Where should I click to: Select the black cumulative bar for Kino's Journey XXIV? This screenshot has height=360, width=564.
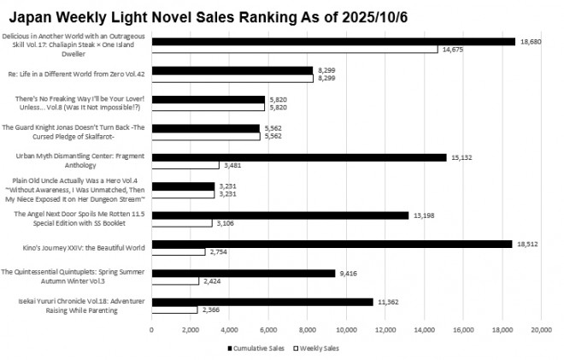[x=332, y=244]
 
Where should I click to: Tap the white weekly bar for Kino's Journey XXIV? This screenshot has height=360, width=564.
[x=178, y=252]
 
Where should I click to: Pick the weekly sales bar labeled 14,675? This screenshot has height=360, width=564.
[x=294, y=50]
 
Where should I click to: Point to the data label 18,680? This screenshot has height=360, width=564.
[x=529, y=41]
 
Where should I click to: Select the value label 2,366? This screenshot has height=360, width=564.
[x=210, y=310]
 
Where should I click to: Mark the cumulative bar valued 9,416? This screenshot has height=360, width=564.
[x=243, y=273]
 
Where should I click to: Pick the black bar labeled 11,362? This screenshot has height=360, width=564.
[x=261, y=302]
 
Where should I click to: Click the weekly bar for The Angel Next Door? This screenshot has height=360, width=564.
[x=181, y=223]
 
